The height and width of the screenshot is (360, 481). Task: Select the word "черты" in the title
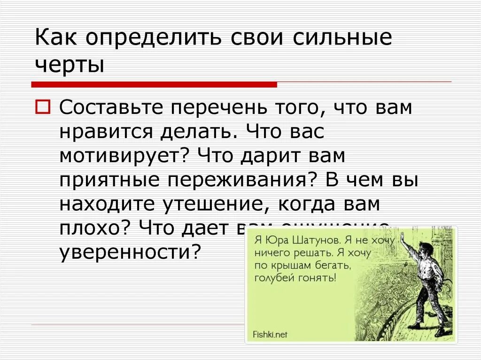(69, 65)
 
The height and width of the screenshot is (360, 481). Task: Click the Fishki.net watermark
(270, 335)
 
